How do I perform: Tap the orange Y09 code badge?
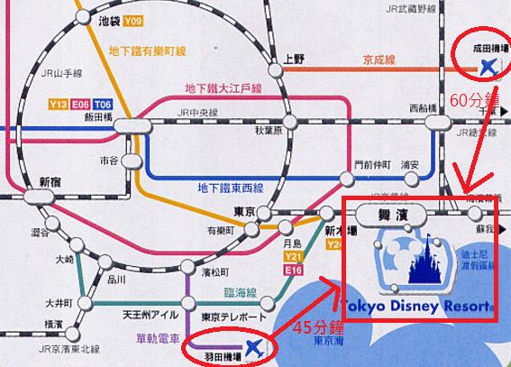(134, 20)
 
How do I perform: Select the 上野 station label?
(294, 59)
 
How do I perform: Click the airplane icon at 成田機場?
(489, 67)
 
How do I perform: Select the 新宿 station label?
(52, 182)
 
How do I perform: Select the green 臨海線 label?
(239, 293)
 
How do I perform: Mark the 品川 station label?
(117, 279)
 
